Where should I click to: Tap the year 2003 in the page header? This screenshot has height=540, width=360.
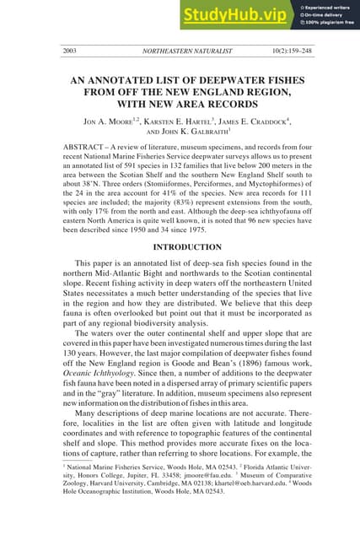70,51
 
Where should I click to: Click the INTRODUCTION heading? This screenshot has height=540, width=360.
180,247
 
